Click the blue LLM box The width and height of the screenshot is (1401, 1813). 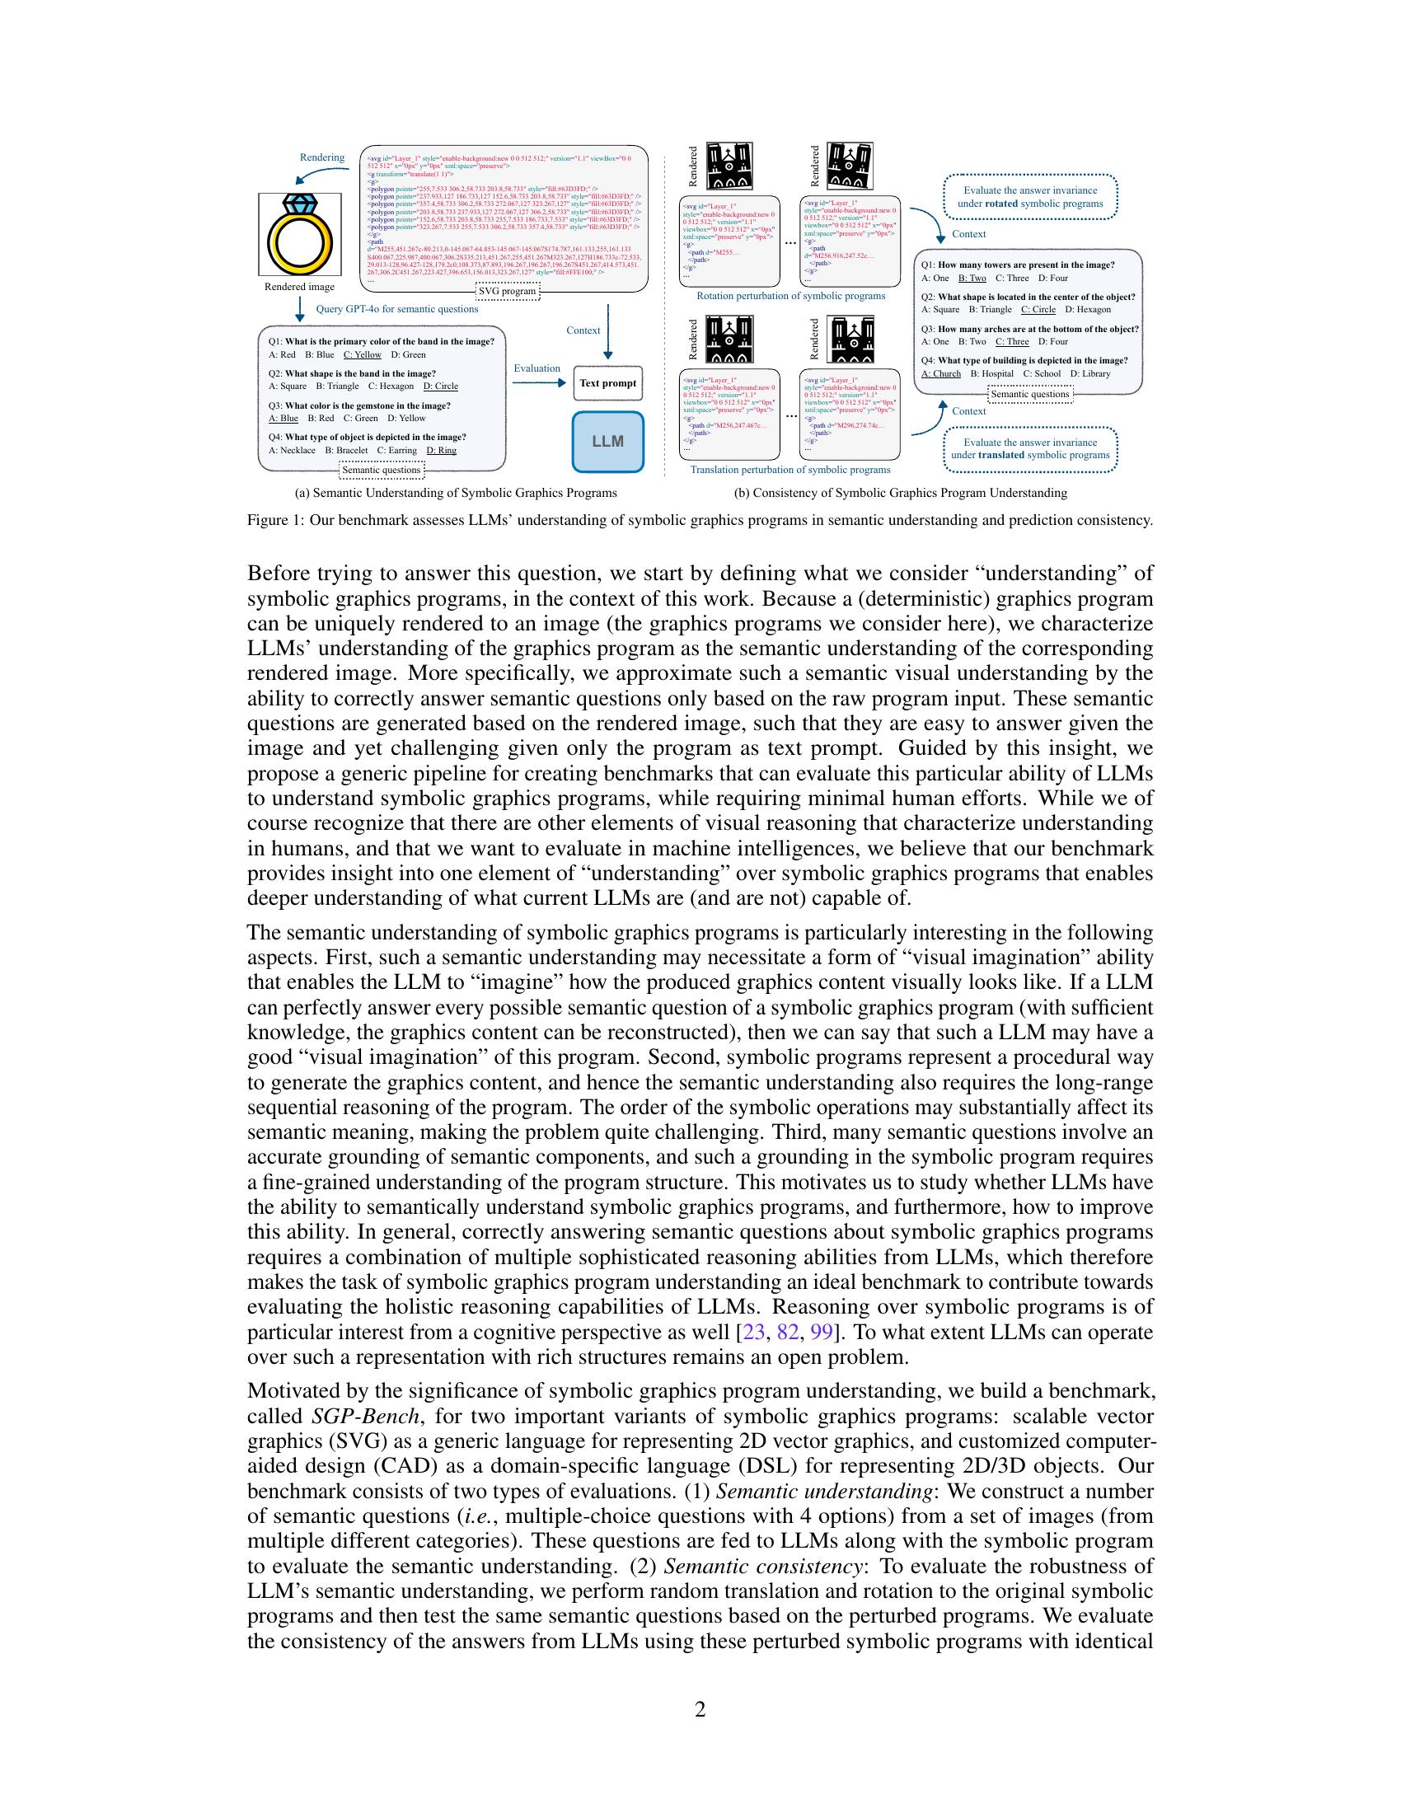(607, 442)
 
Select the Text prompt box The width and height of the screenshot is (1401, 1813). (607, 383)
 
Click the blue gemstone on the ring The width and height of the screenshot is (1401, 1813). (299, 204)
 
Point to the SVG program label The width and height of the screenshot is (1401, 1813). (507, 292)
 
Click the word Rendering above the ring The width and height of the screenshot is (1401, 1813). (322, 157)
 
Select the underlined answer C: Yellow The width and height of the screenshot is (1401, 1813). (363, 354)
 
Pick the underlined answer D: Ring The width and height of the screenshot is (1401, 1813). (441, 451)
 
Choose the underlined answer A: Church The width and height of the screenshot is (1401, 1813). (941, 373)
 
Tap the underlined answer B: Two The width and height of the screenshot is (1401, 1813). (972, 278)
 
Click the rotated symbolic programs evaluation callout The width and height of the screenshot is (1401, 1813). (1029, 197)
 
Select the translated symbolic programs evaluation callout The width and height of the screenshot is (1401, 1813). (1029, 449)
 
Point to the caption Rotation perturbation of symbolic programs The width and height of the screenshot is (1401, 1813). (790, 297)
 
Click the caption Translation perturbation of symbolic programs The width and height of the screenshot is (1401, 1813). (790, 470)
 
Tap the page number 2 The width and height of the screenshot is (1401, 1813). (700, 1709)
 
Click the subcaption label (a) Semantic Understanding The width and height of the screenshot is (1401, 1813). (456, 493)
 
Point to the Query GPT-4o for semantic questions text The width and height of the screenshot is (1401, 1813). (396, 310)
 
